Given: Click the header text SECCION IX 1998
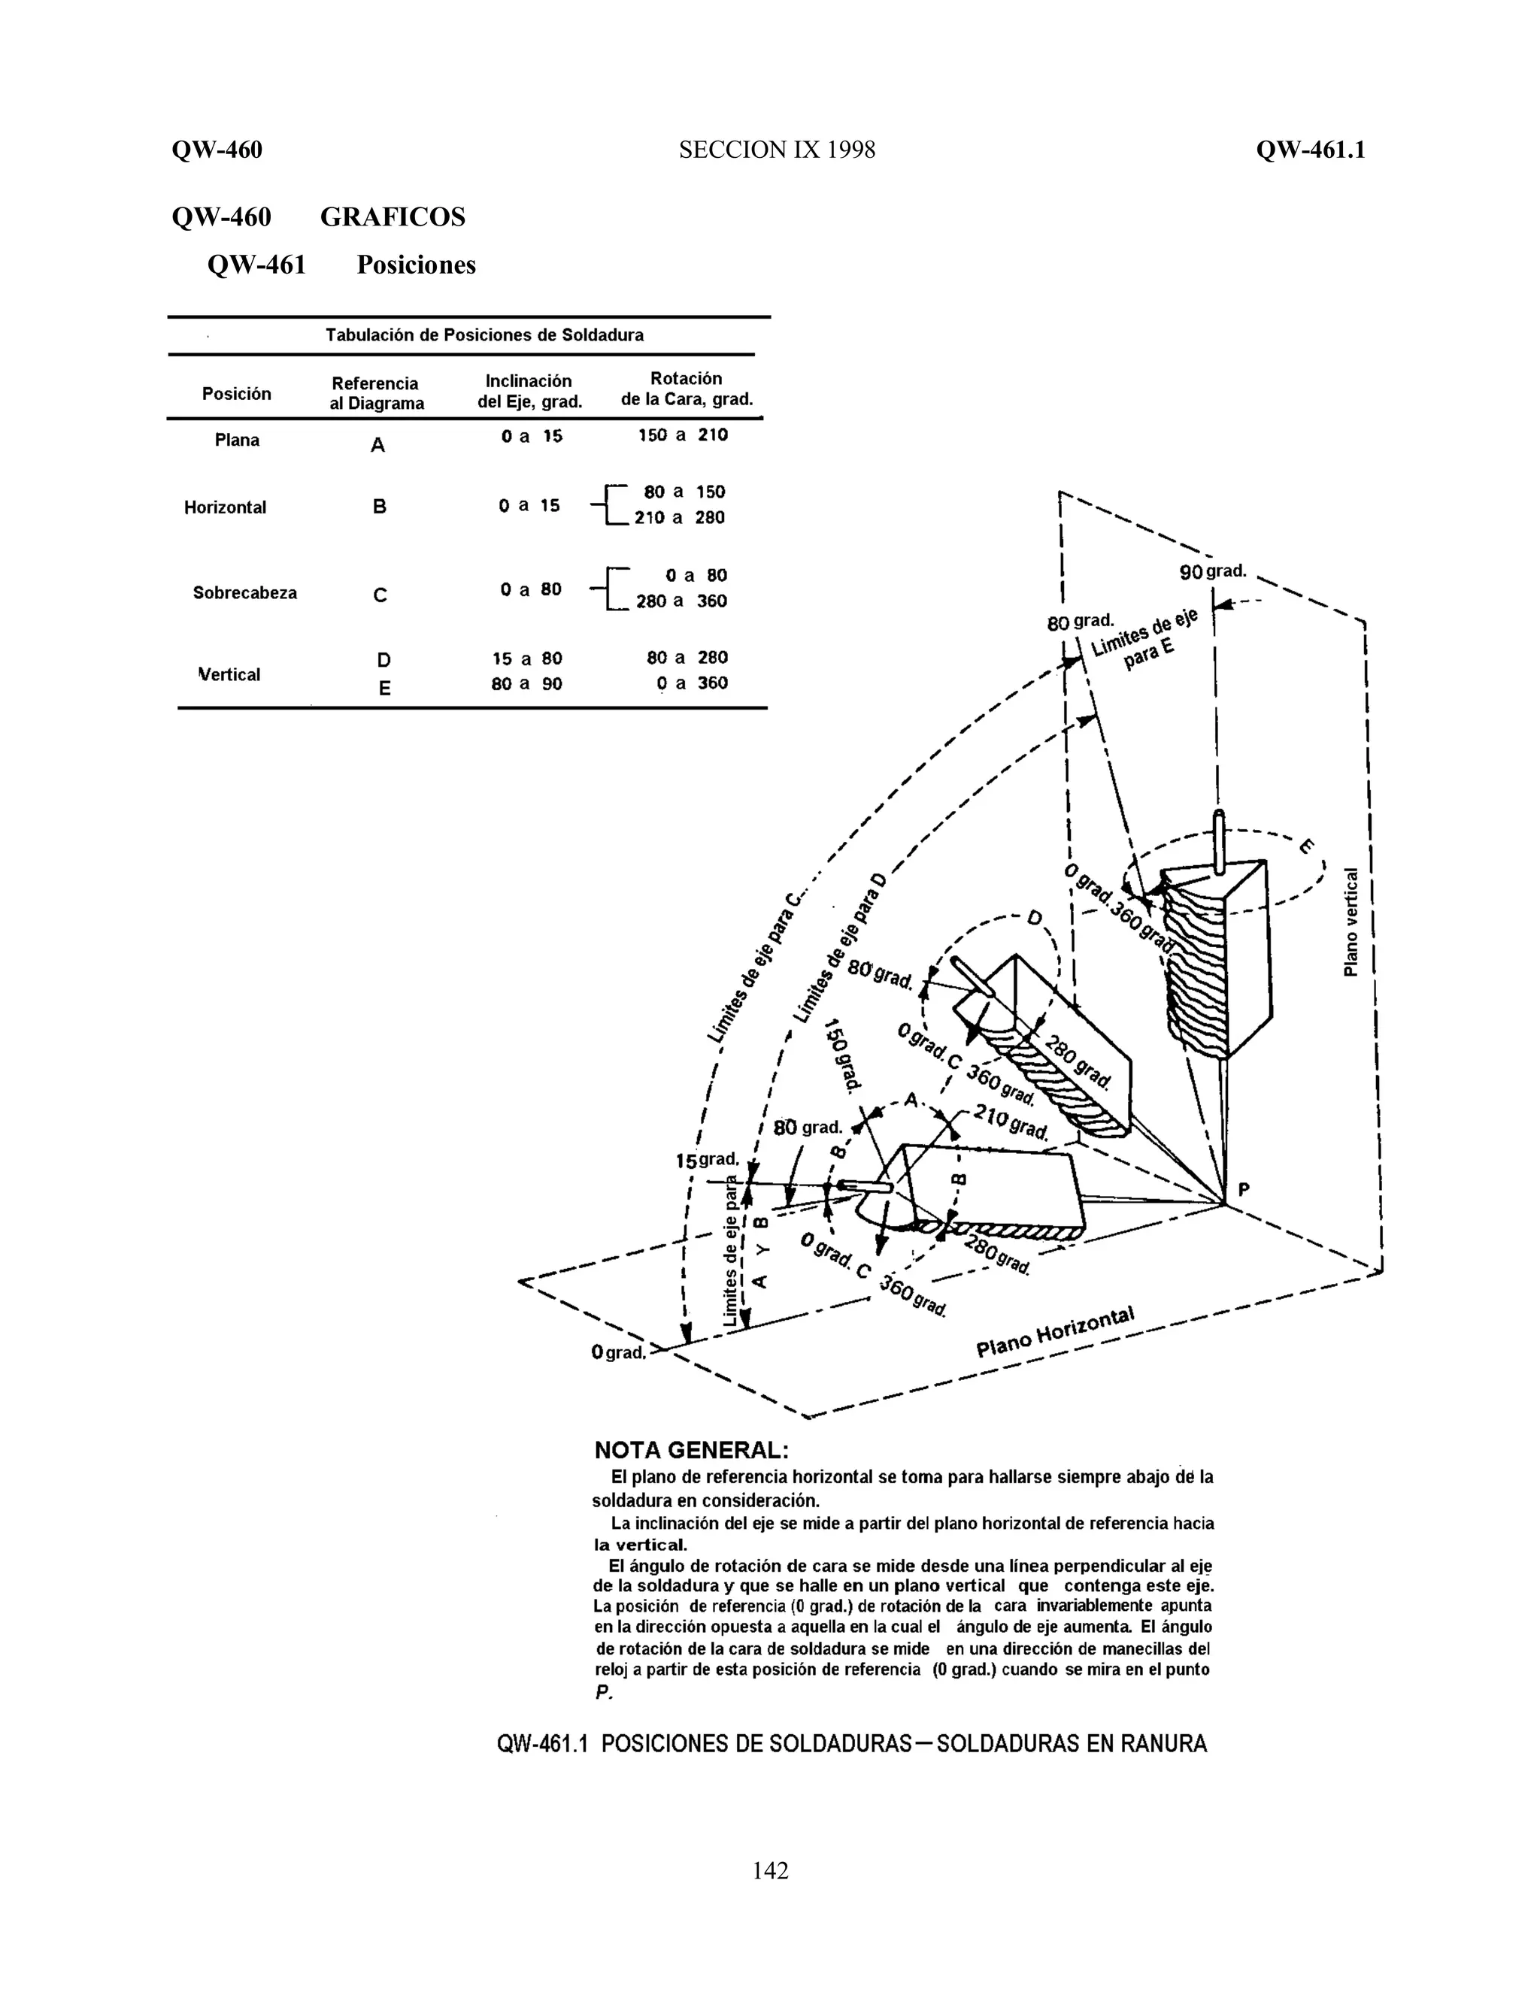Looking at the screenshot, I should click(776, 150).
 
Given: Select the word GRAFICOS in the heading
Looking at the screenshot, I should click(393, 217).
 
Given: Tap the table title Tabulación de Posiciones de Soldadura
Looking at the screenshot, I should click(484, 335).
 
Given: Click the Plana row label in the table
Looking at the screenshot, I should click(236, 440).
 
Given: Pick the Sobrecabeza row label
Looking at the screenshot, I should click(244, 593).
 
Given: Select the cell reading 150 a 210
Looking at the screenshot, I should click(683, 435).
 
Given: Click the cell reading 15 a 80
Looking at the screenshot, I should click(526, 658).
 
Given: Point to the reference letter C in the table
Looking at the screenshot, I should click(380, 595).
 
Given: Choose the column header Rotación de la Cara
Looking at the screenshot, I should click(686, 389).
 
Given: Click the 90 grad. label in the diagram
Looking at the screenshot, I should click(1211, 572).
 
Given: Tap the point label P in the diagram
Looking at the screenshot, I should click(1244, 1189).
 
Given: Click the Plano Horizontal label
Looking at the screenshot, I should click(1055, 1333).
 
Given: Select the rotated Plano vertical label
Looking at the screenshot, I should click(1351, 922).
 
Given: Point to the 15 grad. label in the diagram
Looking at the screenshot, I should click(706, 1160).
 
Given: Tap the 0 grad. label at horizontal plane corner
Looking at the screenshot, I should click(617, 1352).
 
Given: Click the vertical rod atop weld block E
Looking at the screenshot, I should click(1219, 839).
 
